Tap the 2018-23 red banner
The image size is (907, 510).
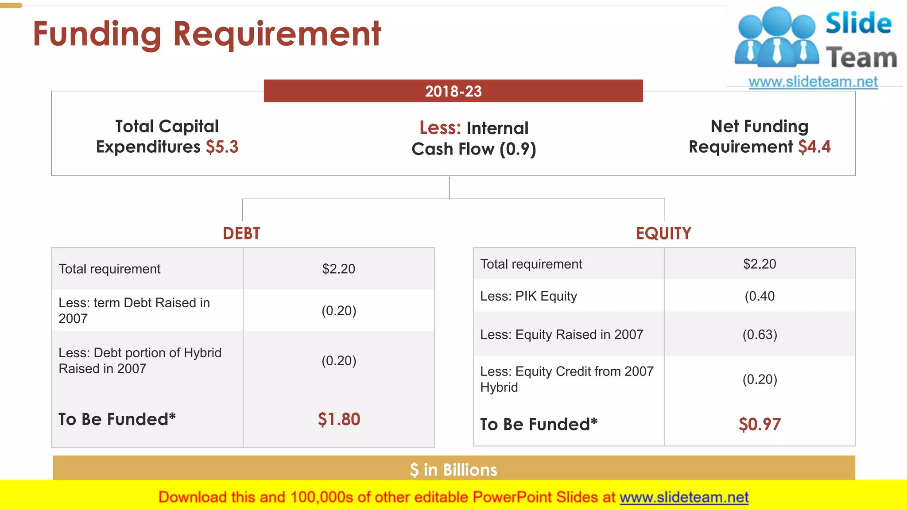(453, 91)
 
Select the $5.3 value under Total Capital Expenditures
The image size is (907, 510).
(222, 147)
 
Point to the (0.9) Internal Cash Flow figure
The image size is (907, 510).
(518, 149)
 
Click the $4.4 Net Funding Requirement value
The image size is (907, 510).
(814, 147)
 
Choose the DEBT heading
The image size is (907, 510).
(241, 233)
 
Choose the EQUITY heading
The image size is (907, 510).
(663, 233)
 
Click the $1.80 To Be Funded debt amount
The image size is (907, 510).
(339, 419)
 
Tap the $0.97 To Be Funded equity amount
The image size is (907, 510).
(760, 425)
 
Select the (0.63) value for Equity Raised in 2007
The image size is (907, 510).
(760, 335)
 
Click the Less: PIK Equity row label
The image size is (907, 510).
(528, 296)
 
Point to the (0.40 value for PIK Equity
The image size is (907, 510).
(760, 296)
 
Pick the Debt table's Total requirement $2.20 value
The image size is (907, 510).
(339, 269)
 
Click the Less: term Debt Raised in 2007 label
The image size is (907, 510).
(134, 310)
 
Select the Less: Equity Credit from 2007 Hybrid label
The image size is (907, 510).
(566, 379)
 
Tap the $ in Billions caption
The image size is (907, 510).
(453, 470)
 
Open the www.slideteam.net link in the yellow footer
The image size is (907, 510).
(684, 497)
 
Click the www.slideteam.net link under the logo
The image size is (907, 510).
(813, 82)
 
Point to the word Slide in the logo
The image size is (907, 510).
(858, 23)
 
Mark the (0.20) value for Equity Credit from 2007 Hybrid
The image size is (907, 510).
(760, 379)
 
